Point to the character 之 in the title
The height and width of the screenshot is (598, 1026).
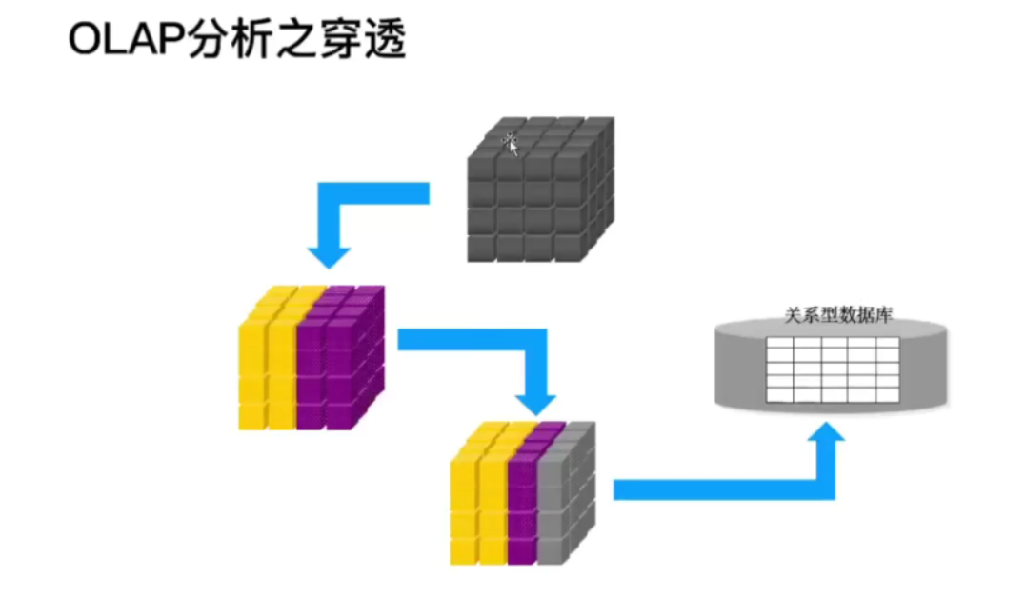[292, 41]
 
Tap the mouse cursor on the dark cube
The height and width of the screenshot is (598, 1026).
[512, 144]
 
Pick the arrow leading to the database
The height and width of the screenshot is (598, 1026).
[724, 488]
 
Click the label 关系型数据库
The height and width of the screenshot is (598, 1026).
[837, 315]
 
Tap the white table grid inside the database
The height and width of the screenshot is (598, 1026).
[833, 369]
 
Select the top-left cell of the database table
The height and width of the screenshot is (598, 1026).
[779, 347]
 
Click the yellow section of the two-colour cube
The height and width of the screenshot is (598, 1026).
[268, 367]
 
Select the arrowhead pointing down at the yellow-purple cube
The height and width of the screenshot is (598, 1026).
[328, 254]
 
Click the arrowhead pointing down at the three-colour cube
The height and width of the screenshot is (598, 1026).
[536, 396]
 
